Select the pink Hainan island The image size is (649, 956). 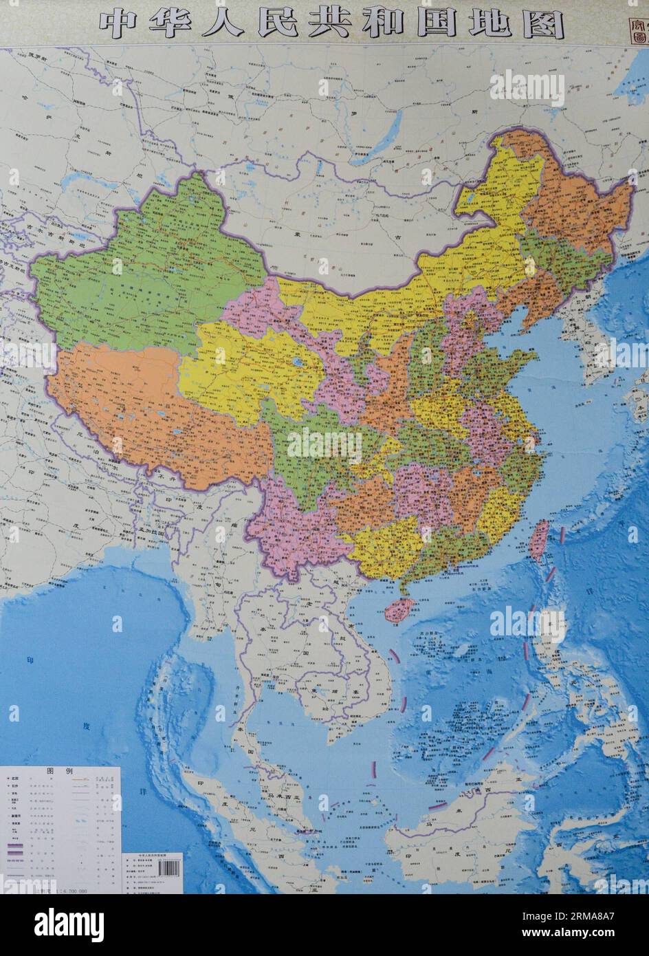pos(401,609)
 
